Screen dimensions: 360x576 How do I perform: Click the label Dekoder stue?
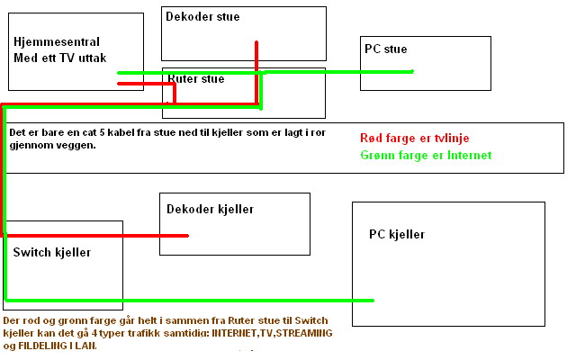[x=202, y=16]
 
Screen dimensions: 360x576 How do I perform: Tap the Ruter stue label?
[x=196, y=79]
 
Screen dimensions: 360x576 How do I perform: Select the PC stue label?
[x=385, y=49]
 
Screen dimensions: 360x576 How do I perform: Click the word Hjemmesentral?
[x=57, y=42]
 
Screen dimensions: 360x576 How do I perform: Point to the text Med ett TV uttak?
[x=60, y=58]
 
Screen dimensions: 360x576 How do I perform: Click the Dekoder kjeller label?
[x=210, y=209]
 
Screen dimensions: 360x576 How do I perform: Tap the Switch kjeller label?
[x=51, y=252]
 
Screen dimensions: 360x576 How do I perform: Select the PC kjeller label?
[x=396, y=235]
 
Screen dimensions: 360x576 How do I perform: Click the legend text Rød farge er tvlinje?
[x=414, y=139]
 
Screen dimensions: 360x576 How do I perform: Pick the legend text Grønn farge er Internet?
[x=426, y=156]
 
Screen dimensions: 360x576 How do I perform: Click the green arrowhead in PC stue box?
[x=410, y=71]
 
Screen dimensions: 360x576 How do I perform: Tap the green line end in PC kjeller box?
[x=372, y=300]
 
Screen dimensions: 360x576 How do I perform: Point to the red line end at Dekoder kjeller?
[x=186, y=236]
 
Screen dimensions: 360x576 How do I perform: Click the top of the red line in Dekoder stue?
[x=256, y=42]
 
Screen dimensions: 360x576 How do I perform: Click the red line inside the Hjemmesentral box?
[x=130, y=85]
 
